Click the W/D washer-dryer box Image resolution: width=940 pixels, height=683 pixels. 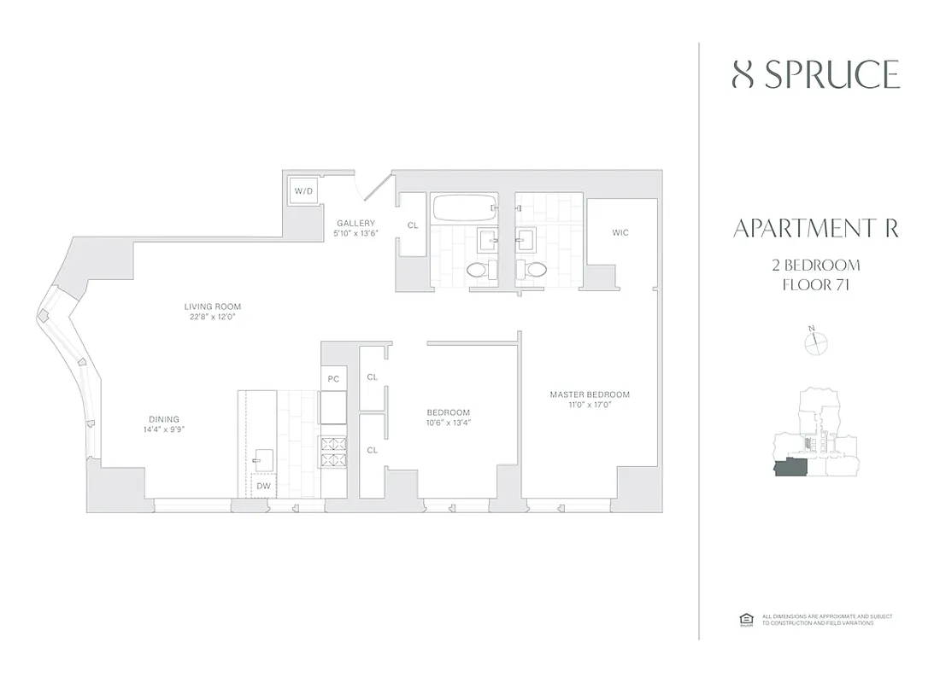pos(304,191)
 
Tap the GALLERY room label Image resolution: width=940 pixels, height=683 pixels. pos(355,223)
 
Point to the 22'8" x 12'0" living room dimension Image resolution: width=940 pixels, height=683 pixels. pos(213,317)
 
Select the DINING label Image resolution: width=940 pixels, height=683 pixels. pos(163,419)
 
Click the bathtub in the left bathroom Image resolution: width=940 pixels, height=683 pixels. pos(465,207)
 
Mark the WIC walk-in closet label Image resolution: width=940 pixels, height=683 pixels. pos(620,232)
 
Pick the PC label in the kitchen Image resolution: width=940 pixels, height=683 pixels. pos(332,377)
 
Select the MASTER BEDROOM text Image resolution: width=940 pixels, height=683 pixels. pos(589,394)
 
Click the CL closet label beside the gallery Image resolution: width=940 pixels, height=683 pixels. pos(413,225)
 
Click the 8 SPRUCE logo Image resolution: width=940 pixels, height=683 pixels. pos(815,75)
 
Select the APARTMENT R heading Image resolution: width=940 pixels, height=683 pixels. pos(815,229)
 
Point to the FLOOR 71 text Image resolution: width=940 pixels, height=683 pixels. pos(815,284)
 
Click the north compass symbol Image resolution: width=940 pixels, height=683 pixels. pos(816,342)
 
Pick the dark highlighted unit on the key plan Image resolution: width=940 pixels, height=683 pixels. pos(790,467)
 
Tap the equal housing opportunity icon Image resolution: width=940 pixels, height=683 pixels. pos(743,619)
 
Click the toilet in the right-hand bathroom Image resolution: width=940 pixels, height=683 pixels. pos(536,270)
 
